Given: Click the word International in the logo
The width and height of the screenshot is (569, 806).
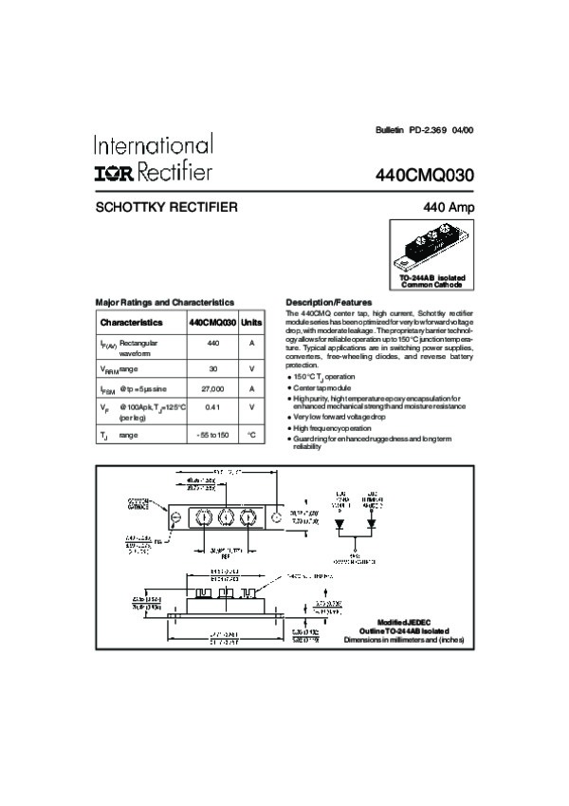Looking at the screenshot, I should [x=153, y=145].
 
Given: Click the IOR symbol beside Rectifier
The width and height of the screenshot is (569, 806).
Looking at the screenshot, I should [x=115, y=173].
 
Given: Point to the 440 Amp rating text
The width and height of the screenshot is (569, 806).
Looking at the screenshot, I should [x=450, y=207].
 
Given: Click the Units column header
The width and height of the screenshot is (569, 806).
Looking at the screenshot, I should [x=252, y=323].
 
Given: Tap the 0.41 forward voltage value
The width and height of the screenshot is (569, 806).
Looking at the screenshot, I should [x=212, y=407].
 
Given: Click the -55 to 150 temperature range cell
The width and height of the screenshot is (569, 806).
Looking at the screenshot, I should [x=212, y=435].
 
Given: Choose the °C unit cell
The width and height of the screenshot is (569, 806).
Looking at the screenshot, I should [x=252, y=435].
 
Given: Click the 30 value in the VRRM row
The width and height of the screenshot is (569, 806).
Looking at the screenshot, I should [x=212, y=367].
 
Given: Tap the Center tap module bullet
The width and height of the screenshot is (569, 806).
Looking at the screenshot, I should [x=322, y=388].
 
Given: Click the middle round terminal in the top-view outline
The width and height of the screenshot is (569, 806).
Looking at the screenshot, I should [x=227, y=517].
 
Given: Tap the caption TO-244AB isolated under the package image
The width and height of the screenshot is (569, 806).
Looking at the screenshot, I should [x=431, y=277].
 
